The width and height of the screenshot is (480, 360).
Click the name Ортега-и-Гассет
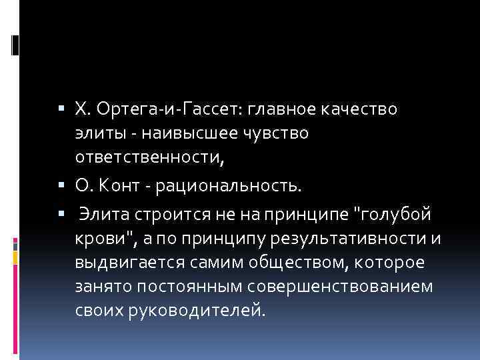tap(166, 109)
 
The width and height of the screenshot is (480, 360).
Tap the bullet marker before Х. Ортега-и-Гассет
tap(62, 109)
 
